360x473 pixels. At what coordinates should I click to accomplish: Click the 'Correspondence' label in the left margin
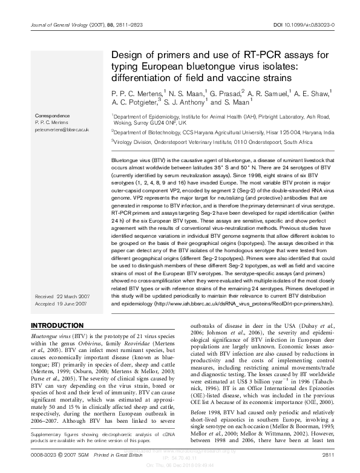point(52,115)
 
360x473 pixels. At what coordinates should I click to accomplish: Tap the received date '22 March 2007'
point(73,298)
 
